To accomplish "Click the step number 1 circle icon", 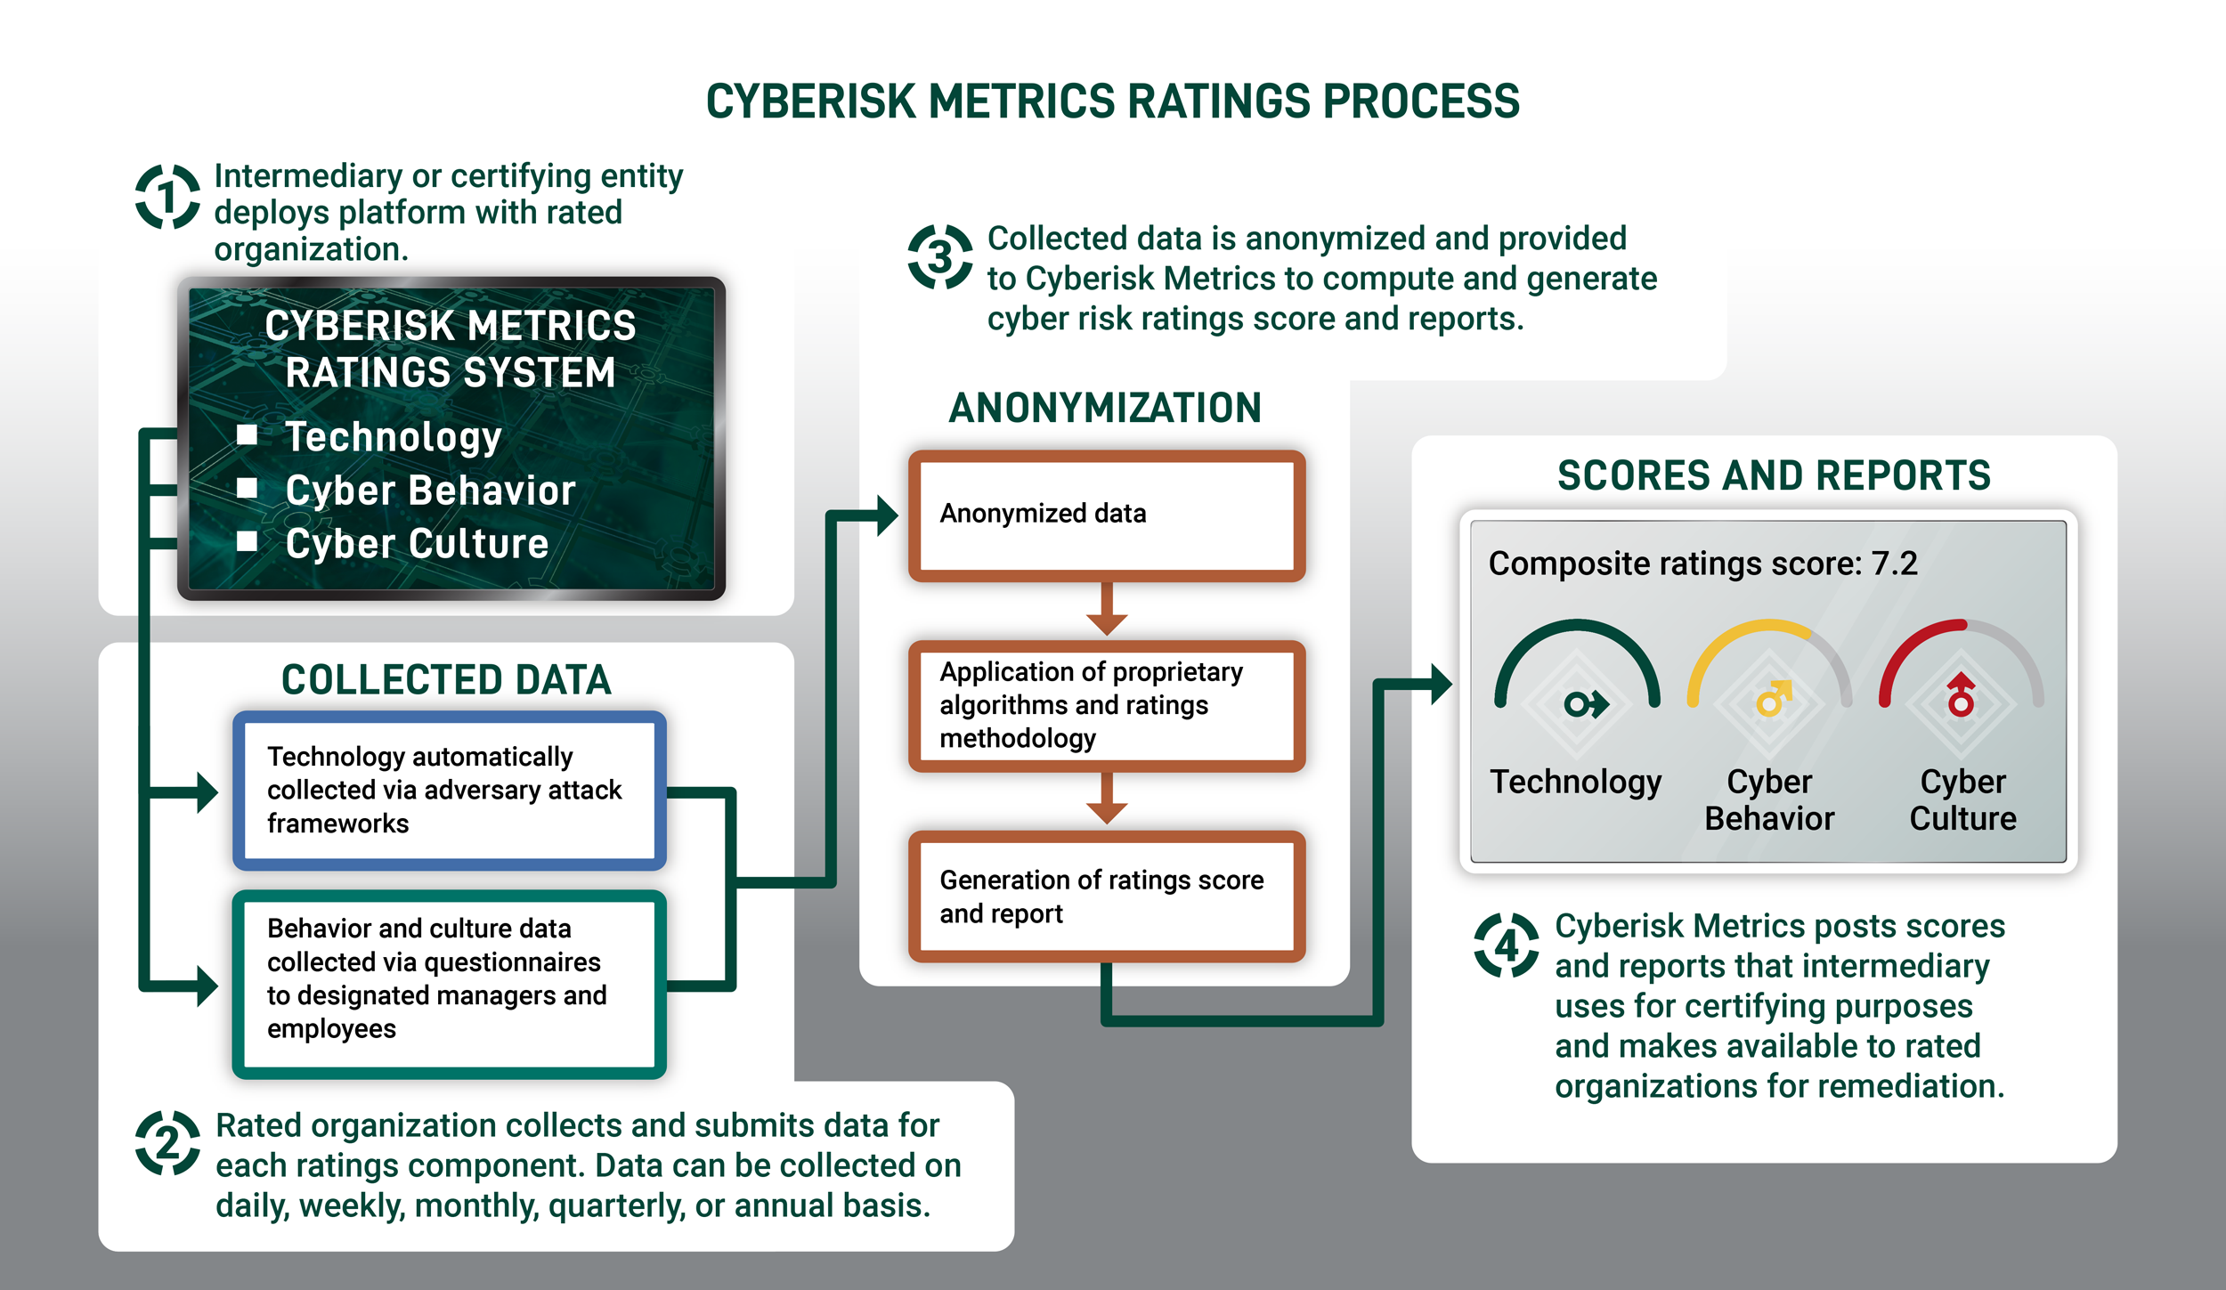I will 167,196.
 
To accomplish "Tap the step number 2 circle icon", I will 167,1142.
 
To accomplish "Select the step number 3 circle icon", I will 939,257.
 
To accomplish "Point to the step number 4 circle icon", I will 1506,945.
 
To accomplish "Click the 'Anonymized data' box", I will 1107,515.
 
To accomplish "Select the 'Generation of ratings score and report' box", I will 1107,897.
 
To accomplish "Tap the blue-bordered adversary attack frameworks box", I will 449,791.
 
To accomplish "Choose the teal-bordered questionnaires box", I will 449,984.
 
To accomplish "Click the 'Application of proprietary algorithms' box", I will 1107,705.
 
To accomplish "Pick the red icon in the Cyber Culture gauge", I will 1961,696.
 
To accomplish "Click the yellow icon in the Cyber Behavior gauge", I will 1772,699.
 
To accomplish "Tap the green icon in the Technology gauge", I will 1586,705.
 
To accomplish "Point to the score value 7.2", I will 1894,564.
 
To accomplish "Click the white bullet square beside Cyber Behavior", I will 248,488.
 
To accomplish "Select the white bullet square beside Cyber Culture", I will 248,541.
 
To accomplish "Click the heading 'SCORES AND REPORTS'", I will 1774,475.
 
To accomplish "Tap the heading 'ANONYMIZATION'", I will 1105,408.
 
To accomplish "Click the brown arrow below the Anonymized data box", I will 1107,611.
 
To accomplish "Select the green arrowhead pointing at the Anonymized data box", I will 887,515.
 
